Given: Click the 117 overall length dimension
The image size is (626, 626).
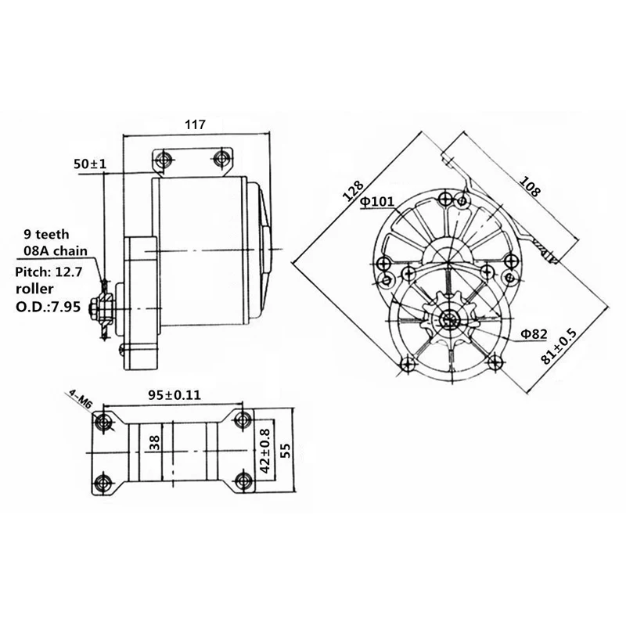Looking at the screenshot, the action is coord(195,124).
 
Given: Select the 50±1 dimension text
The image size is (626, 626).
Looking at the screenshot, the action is coord(90,164).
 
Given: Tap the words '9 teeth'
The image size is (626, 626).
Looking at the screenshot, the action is coord(46,234).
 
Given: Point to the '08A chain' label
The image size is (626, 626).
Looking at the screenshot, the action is coord(56,250).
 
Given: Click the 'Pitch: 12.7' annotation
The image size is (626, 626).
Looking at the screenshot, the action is coord(49,272).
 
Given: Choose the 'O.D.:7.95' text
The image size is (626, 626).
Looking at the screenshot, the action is coord(48,307).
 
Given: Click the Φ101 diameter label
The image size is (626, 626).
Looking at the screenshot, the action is coord(377,202).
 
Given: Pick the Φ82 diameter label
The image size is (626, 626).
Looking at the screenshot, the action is coord(534,334).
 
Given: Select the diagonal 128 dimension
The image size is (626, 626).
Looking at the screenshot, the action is coord(354,190).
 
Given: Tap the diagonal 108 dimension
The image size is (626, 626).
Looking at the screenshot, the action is coord(530,186).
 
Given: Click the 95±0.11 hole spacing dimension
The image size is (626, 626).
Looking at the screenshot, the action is coord(174,395).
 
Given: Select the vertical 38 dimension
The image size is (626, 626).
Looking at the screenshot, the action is coord(154,443).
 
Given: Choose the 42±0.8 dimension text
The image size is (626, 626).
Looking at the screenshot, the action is coord(264,451).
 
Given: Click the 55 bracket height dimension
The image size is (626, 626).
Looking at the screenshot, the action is coord(286,450).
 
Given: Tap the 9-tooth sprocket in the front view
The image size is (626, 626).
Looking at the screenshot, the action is coord(450,318).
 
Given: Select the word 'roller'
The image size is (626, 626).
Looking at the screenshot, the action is coord(34,289).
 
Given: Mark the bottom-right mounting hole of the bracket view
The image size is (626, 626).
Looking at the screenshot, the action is coord(243,481).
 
